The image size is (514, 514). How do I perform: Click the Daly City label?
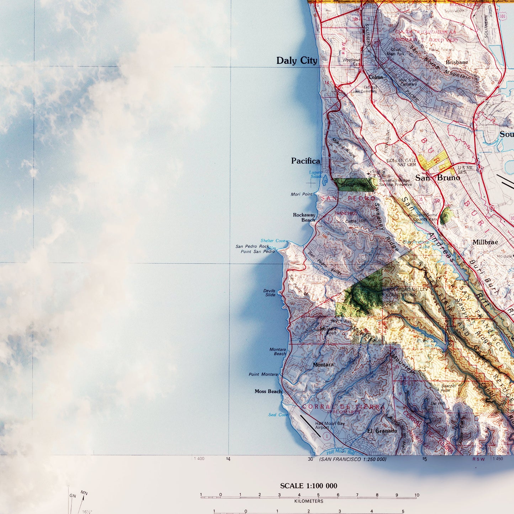pos(297,61)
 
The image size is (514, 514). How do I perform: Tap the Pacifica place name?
pos(306,161)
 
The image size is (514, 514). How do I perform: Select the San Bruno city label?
pos(438,178)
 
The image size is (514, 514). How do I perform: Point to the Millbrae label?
pos(485,242)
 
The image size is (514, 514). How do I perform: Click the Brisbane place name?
pos(457,62)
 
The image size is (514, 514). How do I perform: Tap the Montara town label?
pos(323,365)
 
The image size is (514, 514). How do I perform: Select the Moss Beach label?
pos(268,391)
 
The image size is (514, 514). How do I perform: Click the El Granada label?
pos(382,431)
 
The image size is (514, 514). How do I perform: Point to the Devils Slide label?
pos(270,292)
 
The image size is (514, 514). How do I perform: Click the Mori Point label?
pos(301,194)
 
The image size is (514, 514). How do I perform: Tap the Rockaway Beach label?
pos(304,217)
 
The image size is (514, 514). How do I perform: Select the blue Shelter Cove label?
pos(273,241)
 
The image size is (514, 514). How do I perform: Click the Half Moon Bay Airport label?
pos(329,425)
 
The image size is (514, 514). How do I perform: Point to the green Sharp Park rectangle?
pos(355,185)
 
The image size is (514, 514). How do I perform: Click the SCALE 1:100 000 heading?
pos(308,486)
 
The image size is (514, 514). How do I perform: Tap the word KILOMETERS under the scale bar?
pos(309,501)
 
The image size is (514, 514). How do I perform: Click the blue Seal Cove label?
pos(278,415)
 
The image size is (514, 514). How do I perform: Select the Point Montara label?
pos(263,375)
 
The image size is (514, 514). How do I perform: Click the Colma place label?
pos(376,77)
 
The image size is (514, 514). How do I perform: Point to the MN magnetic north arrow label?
pos(84,493)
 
